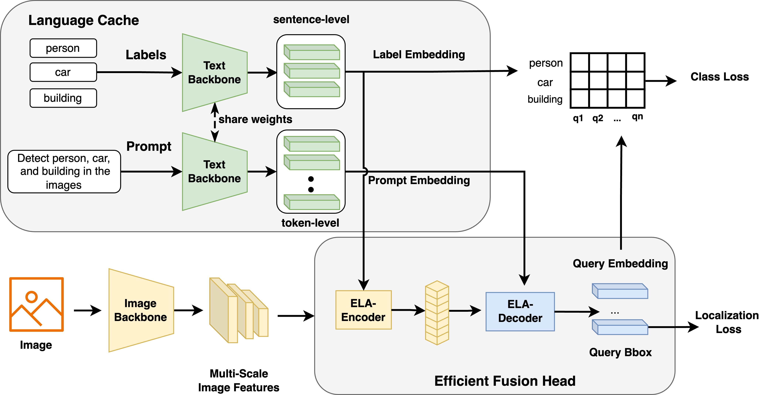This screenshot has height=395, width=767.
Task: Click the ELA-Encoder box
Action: click(x=363, y=310)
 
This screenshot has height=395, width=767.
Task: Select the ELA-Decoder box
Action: click(x=520, y=312)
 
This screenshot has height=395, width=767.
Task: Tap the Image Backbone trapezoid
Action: click(x=141, y=310)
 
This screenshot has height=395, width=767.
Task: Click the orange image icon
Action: click(x=36, y=304)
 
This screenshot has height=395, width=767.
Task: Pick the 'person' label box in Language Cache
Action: click(x=63, y=48)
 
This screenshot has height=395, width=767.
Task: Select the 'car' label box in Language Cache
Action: click(x=63, y=72)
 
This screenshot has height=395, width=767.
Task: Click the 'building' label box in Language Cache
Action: click(x=63, y=98)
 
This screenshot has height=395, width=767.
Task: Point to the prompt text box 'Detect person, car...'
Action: click(x=64, y=172)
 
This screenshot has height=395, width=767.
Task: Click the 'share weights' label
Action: click(x=255, y=119)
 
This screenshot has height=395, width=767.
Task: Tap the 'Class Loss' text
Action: click(x=719, y=77)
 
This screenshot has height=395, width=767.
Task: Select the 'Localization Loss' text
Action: click(x=727, y=322)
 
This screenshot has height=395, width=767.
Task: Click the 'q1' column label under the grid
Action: click(x=578, y=118)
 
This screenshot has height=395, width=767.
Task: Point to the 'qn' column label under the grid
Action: click(x=637, y=117)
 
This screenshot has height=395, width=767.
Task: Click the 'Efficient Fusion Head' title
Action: click(x=505, y=381)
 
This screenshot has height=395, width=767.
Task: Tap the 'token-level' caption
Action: click(x=310, y=223)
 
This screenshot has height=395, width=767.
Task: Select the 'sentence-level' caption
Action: click(x=311, y=19)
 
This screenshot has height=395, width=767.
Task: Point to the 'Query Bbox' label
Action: click(x=620, y=352)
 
